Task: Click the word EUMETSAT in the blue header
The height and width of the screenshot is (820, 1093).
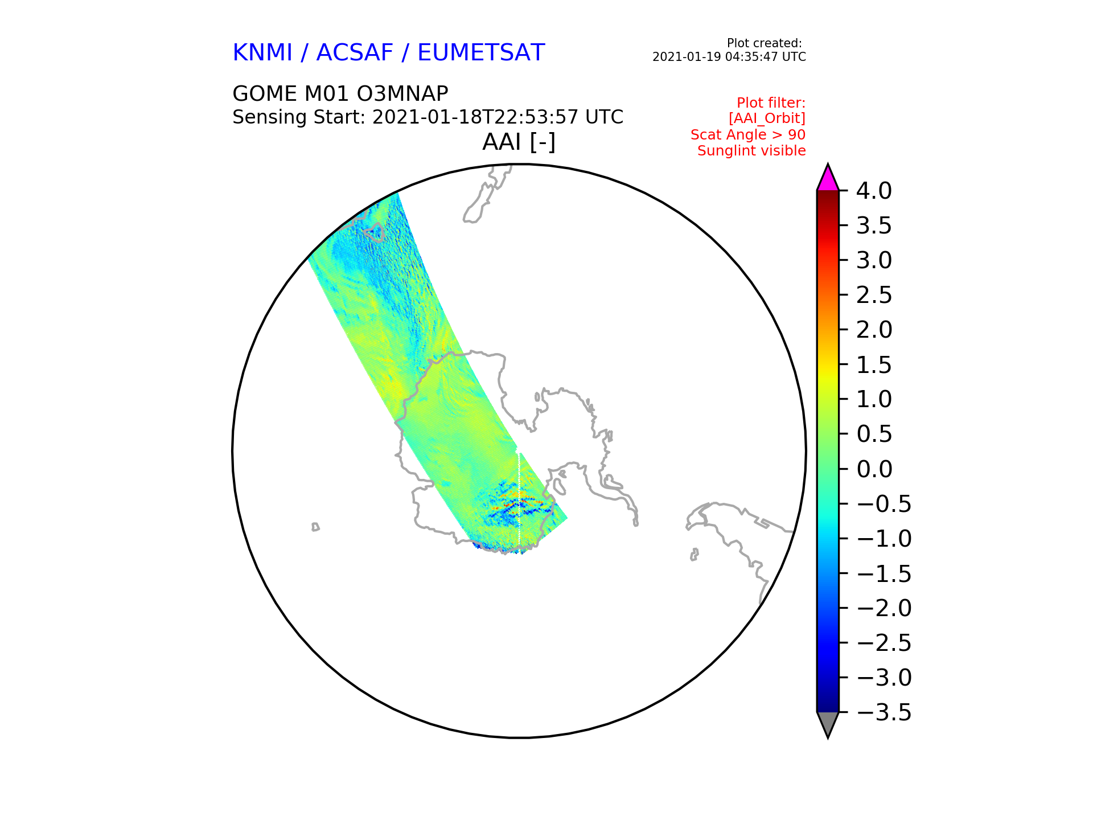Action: [x=481, y=52]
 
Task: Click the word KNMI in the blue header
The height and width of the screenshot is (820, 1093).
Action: [x=262, y=52]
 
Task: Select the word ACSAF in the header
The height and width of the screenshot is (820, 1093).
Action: [x=355, y=52]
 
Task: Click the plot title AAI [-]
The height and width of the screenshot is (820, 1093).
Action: [x=519, y=142]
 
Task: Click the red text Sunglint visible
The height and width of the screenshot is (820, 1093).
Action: [x=751, y=151]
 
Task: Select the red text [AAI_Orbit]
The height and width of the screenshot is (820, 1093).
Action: [x=767, y=118]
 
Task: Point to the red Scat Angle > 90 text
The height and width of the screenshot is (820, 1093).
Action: [x=748, y=135]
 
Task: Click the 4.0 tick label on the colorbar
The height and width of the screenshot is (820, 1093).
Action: [x=874, y=191]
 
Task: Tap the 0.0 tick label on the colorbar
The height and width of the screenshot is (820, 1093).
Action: [x=874, y=469]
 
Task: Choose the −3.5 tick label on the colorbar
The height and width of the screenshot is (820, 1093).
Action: [x=884, y=712]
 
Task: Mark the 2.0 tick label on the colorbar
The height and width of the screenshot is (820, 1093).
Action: [x=874, y=330]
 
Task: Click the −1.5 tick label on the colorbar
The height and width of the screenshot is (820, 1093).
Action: [x=884, y=573]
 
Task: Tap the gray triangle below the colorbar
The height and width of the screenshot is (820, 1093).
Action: [x=828, y=723]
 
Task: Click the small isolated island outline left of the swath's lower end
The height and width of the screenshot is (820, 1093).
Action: [x=315, y=527]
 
